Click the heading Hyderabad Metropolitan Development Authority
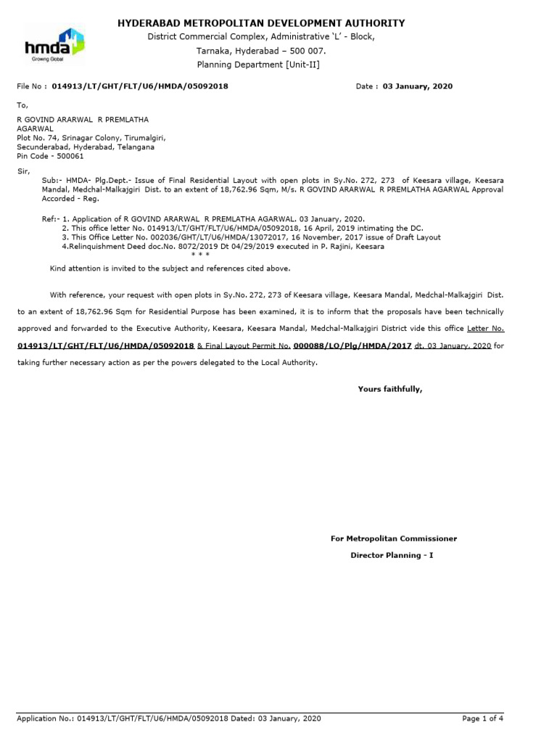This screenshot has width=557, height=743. coord(261,23)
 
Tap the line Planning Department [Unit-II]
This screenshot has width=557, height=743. coord(258,65)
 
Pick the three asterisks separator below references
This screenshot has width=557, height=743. coord(200,255)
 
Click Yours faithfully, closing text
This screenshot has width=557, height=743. coord(389,390)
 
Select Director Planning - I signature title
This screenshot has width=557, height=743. coord(392,555)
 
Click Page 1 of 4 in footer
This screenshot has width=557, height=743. coord(482,718)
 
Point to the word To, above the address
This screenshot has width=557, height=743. coord(22,105)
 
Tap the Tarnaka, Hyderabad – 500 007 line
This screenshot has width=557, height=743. coord(261,51)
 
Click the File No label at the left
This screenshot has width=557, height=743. coord(32,86)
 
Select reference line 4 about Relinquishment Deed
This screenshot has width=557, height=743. coord(223,247)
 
